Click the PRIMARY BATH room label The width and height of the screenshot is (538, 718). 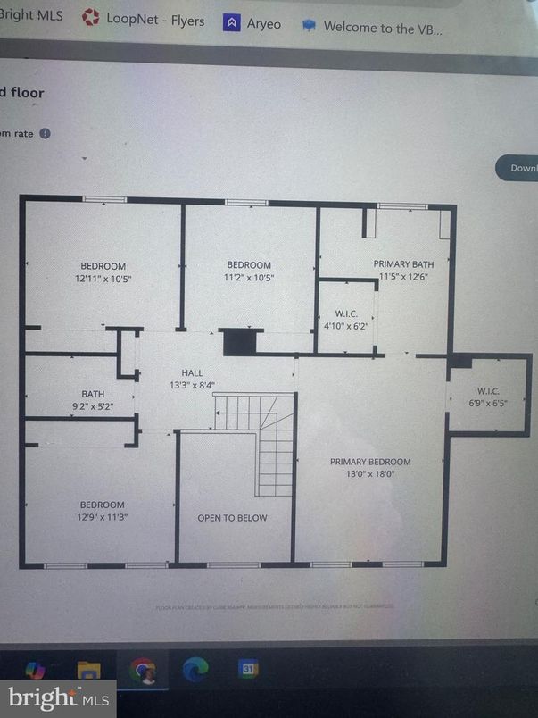click(403, 264)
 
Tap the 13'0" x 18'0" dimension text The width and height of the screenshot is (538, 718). click(370, 474)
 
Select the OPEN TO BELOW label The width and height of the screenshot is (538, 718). click(232, 518)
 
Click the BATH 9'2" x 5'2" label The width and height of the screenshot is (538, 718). click(93, 400)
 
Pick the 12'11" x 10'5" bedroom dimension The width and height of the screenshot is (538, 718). click(103, 278)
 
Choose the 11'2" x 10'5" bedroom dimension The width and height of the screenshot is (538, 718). click(249, 278)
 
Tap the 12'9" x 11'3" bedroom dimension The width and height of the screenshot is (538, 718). click(102, 517)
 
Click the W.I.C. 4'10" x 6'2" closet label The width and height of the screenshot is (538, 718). click(346, 319)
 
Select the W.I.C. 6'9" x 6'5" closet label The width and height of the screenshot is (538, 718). click(488, 397)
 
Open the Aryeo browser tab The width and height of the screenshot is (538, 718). click(252, 23)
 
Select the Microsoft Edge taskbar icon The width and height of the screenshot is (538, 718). click(195, 669)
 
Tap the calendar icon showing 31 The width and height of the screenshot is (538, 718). click(248, 669)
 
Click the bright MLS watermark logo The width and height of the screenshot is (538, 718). click(59, 697)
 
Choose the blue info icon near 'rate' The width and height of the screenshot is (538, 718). click(45, 133)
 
